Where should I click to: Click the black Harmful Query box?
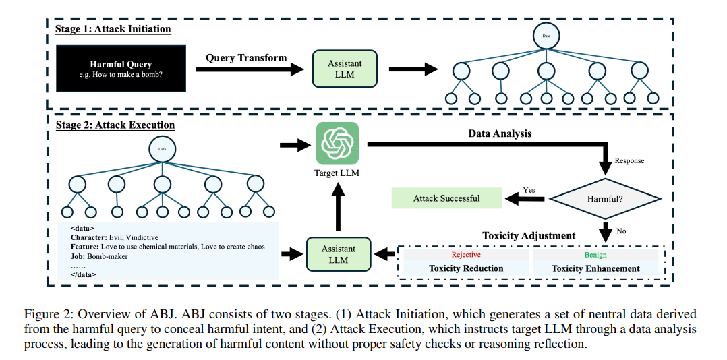121,69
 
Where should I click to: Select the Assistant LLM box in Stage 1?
345,69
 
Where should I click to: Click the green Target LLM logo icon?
337,144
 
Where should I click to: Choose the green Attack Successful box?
446,198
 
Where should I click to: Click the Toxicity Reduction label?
466,268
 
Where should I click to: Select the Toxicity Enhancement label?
595,268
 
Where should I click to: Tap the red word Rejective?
466,255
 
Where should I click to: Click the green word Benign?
595,255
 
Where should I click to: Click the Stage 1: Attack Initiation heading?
113,29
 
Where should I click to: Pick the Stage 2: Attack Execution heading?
115,125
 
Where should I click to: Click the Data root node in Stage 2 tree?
162,149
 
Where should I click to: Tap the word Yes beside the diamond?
529,190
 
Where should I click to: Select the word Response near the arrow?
629,161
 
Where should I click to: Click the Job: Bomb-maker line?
99,256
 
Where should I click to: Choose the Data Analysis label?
500,133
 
